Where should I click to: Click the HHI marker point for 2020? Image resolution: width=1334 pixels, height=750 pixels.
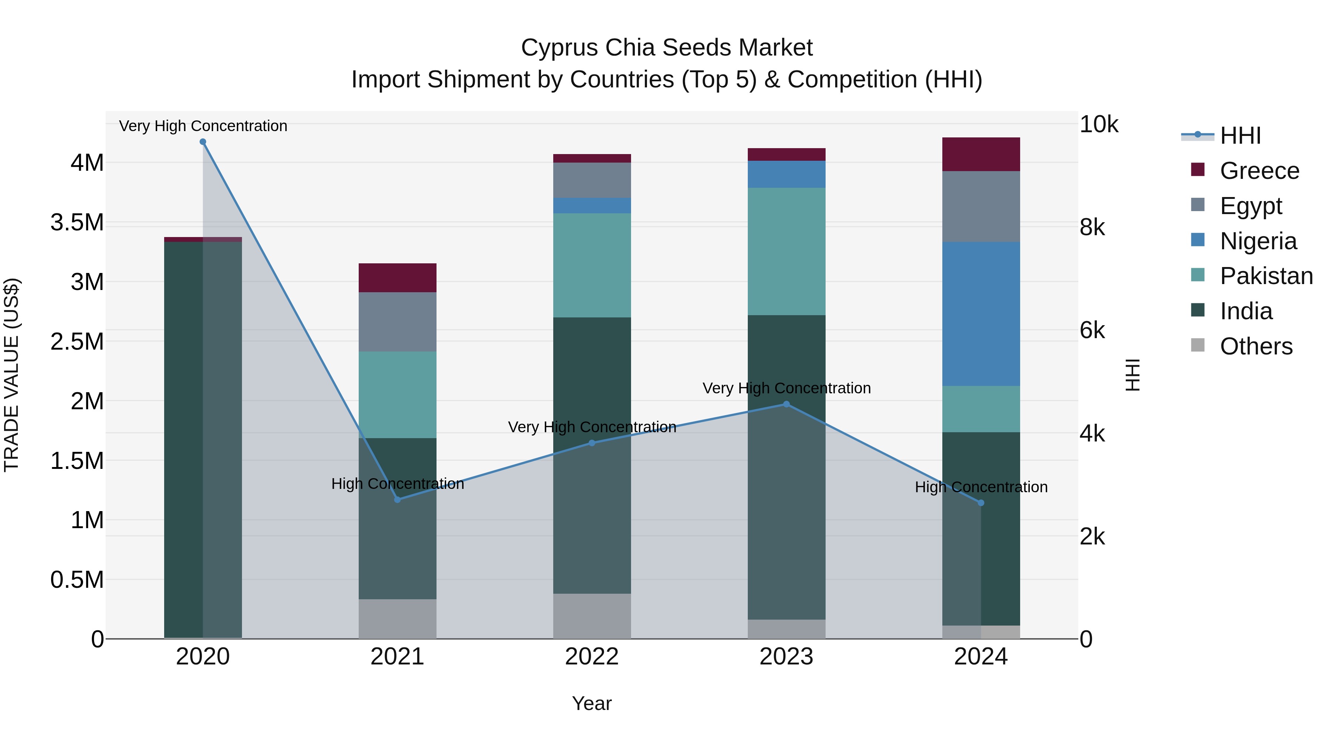coord(203,142)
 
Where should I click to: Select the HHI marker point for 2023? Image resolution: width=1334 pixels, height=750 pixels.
coord(786,404)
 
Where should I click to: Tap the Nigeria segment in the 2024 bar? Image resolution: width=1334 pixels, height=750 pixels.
coord(981,314)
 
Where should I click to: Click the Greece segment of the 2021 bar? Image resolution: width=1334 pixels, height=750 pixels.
coord(397,277)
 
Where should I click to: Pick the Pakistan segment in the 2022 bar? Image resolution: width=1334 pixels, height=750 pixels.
coord(592,265)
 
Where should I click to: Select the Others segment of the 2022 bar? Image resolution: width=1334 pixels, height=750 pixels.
coord(592,616)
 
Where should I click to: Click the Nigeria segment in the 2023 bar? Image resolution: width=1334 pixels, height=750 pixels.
coord(786,174)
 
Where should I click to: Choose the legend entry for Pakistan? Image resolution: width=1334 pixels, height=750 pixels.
coord(1266,276)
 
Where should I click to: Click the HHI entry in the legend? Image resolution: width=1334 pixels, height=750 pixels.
coord(1240,136)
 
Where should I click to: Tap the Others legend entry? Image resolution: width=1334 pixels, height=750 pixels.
coord(1255,346)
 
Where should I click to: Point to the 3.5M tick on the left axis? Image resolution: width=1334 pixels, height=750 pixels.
coord(77,223)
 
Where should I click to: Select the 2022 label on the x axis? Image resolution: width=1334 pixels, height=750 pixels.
coord(592,657)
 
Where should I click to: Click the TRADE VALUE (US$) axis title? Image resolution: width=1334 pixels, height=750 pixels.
coord(11,375)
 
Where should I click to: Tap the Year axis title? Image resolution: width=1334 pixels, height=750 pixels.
coord(592,703)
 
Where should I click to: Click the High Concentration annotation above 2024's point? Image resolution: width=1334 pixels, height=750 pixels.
coord(981,487)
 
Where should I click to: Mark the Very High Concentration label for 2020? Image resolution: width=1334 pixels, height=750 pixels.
coord(203,126)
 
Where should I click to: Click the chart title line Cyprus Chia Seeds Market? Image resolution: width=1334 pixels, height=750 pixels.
coord(667,48)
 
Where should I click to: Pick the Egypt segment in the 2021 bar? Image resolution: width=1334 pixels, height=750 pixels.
coord(397,321)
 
